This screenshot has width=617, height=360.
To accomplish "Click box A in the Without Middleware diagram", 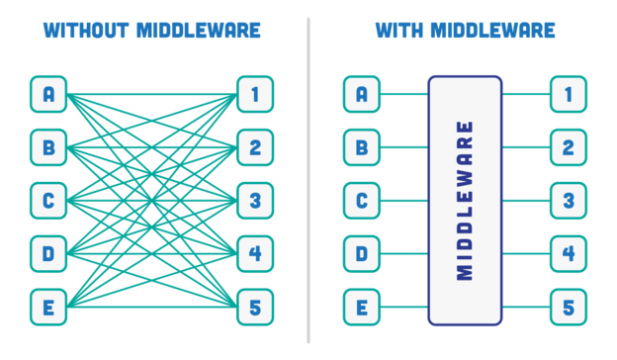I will pyautogui.click(x=48, y=94).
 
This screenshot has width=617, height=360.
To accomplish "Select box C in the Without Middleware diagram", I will pyautogui.click(x=48, y=201).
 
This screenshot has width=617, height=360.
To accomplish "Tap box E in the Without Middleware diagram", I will pyautogui.click(x=48, y=307).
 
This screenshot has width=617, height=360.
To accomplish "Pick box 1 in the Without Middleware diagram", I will pyautogui.click(x=255, y=94).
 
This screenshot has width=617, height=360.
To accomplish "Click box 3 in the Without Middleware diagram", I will pyautogui.click(x=255, y=201).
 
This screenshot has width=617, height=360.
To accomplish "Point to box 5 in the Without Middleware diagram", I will pyautogui.click(x=255, y=307).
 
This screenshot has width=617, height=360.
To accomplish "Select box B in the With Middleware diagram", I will pyautogui.click(x=362, y=147).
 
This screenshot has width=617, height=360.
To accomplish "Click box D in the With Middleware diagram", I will pyautogui.click(x=362, y=254).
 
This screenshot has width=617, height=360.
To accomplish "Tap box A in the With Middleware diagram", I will pyautogui.click(x=362, y=94).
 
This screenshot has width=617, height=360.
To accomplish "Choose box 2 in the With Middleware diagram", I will pyautogui.click(x=569, y=147).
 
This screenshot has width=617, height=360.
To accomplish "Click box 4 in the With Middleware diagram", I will pyautogui.click(x=569, y=254).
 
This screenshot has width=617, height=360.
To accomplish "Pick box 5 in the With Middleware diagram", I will pyautogui.click(x=569, y=307).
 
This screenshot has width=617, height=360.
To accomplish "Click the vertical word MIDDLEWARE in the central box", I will pyautogui.click(x=466, y=201).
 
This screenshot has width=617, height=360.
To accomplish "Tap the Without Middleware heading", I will pyautogui.click(x=151, y=30).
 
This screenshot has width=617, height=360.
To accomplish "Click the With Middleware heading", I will pyautogui.click(x=465, y=30).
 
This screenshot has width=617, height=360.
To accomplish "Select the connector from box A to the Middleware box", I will pyautogui.click(x=404, y=94).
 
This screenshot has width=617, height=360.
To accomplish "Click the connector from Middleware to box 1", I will pyautogui.click(x=526, y=94).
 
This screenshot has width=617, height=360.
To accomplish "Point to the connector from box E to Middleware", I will pyautogui.click(x=404, y=307).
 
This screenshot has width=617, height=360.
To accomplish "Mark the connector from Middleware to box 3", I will pyautogui.click(x=526, y=201).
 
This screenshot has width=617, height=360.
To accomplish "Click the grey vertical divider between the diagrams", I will pyautogui.click(x=308, y=178).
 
